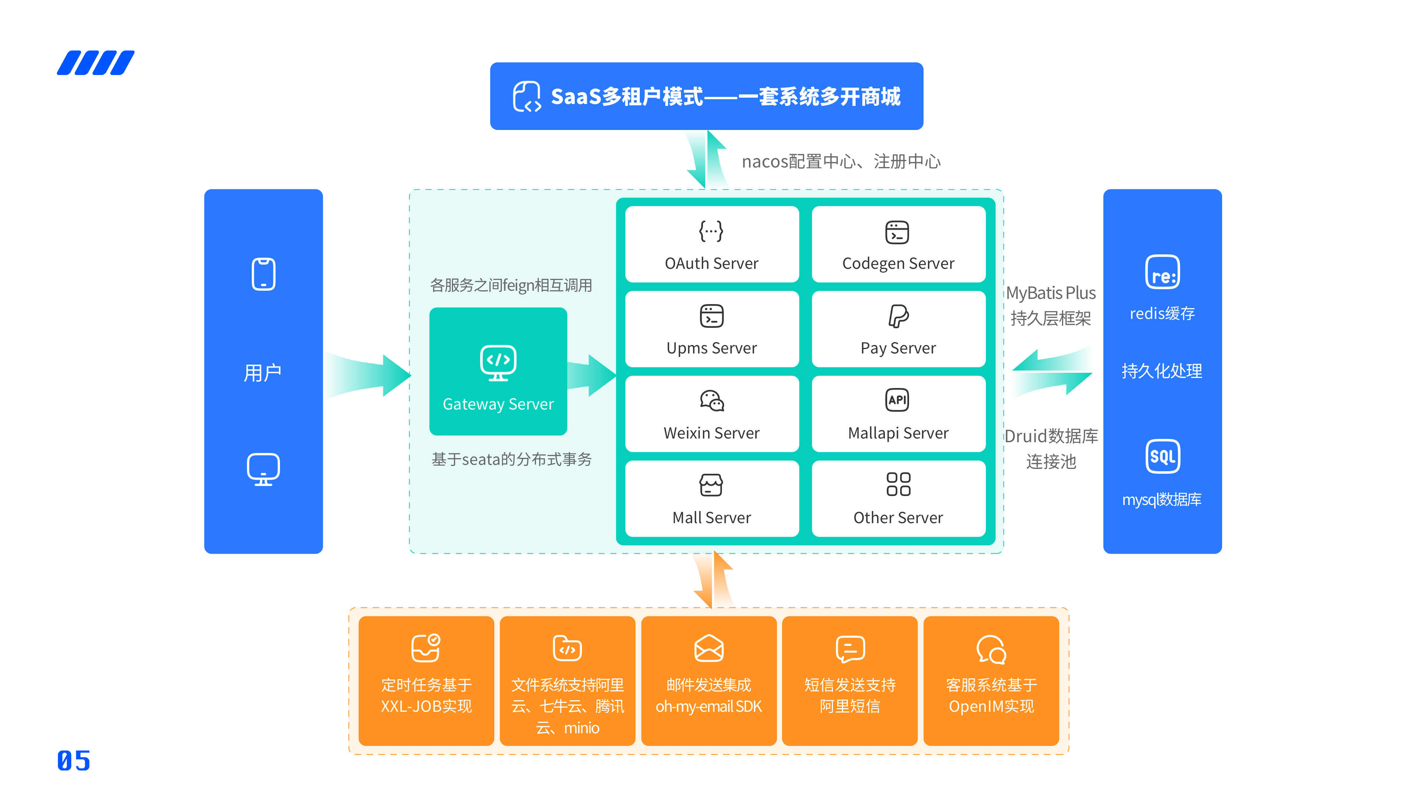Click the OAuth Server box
pyautogui.click(x=712, y=244)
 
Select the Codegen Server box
pyautogui.click(x=898, y=244)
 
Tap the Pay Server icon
pyautogui.click(x=898, y=316)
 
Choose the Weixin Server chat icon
pyautogui.click(x=712, y=400)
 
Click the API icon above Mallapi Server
pyautogui.click(x=897, y=400)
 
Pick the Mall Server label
pyautogui.click(x=712, y=518)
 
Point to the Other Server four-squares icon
pyautogui.click(x=898, y=484)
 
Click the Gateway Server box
pyautogui.click(x=498, y=371)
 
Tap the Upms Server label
pyautogui.click(x=712, y=348)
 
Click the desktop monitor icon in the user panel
pyautogui.click(x=264, y=469)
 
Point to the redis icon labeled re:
pyautogui.click(x=1162, y=272)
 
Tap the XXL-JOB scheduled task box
pyautogui.click(x=426, y=681)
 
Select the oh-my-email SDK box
pyautogui.click(x=709, y=681)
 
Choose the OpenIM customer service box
pyautogui.click(x=991, y=681)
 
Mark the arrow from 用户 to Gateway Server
pyautogui.click(x=368, y=375)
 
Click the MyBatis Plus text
pyautogui.click(x=1051, y=293)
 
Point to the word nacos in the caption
pyautogui.click(x=765, y=162)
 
